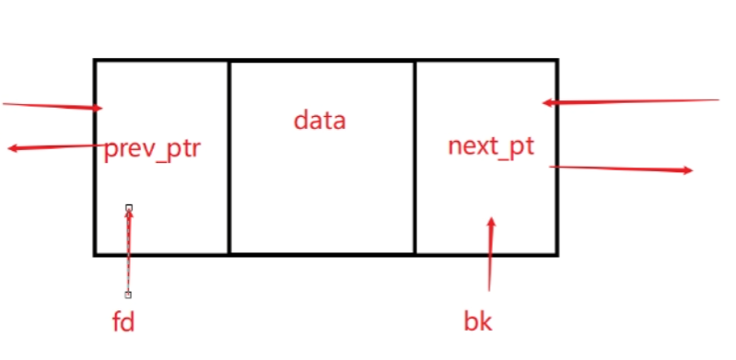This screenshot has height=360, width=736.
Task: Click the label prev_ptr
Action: point(152,148)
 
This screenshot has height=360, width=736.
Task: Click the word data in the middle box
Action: point(320,120)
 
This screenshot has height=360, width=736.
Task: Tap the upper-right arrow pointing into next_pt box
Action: point(631,100)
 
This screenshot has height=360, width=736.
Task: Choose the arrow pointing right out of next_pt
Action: point(622,168)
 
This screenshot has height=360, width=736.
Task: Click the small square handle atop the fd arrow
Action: point(129,208)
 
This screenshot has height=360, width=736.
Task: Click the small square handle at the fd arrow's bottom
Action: point(128,295)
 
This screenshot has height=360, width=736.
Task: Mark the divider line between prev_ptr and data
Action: point(228,157)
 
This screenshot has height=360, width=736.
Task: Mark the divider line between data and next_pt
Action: point(415,157)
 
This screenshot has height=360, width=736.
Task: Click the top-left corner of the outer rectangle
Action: point(95,61)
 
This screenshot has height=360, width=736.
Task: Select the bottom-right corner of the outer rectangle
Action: point(556,253)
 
